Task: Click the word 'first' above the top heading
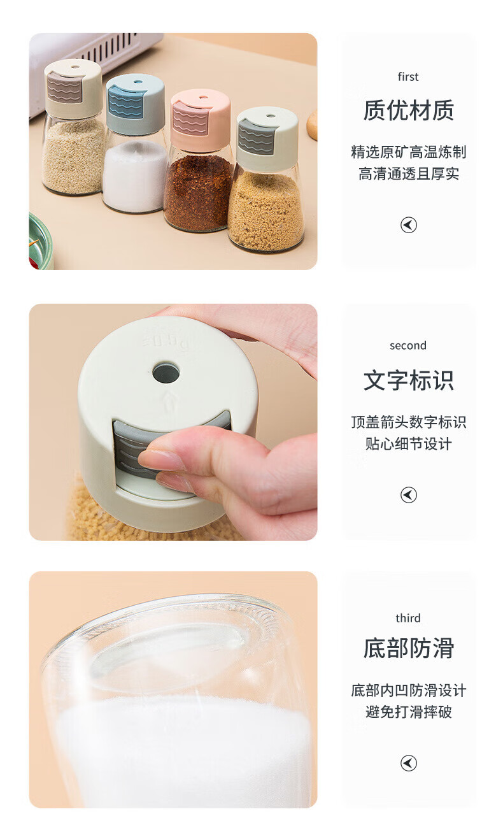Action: tap(407, 76)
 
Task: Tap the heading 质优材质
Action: tap(409, 111)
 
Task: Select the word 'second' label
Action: tap(407, 346)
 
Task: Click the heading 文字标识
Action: tap(409, 380)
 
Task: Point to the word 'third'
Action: tap(407, 619)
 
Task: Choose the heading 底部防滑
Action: tap(409, 648)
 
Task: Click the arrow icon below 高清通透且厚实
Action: tap(409, 225)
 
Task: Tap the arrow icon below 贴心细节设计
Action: tap(409, 495)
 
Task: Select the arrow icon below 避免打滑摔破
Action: tap(409, 763)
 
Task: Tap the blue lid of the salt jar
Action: tap(135, 103)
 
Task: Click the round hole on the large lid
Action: tap(166, 373)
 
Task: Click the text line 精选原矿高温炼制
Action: tap(409, 152)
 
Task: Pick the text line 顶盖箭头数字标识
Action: tap(409, 422)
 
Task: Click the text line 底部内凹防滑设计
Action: tap(409, 690)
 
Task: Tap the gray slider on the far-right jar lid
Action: tap(256, 138)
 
